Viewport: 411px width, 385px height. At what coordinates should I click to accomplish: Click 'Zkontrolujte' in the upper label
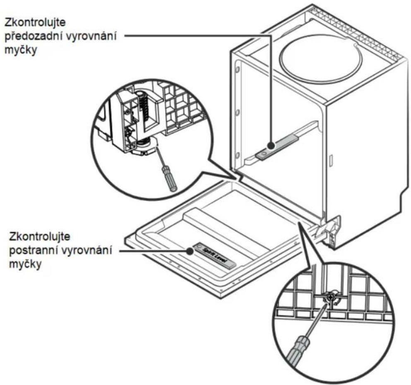[x=35, y=22]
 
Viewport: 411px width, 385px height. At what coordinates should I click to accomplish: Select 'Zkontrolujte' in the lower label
[x=40, y=236]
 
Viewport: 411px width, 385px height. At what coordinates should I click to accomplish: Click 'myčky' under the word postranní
[x=25, y=264]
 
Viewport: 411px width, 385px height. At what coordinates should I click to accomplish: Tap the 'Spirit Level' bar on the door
[x=215, y=254]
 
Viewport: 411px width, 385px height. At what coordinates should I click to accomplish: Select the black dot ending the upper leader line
[x=271, y=145]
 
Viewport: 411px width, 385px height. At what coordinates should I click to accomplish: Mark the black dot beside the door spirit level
[x=190, y=251]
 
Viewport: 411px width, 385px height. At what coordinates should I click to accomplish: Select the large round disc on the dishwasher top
[x=321, y=59]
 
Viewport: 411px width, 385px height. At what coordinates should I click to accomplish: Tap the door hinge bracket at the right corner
[x=331, y=231]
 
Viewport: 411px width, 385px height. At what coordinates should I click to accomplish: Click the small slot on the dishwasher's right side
[x=331, y=161]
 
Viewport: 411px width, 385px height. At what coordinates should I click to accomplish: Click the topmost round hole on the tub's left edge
[x=238, y=70]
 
